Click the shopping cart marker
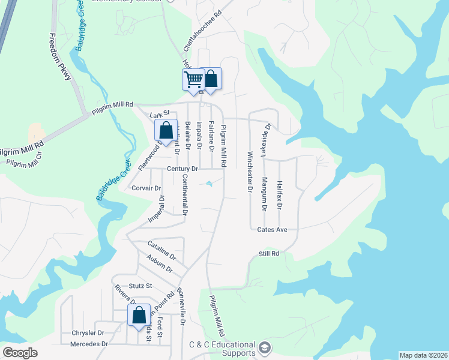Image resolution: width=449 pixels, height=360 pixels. [x=193, y=79]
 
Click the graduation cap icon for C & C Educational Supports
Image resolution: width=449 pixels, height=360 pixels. [x=265, y=347]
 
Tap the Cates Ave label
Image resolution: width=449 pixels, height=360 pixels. [x=273, y=229]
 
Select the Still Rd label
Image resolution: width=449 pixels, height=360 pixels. [x=269, y=254]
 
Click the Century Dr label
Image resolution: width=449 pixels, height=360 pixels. [x=182, y=170]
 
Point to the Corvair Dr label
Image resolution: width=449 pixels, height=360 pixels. [x=146, y=188]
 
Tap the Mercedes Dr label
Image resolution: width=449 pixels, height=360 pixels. [x=89, y=344]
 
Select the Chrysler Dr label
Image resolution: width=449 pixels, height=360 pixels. [x=88, y=332]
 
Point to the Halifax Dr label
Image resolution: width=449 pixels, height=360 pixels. [x=279, y=194]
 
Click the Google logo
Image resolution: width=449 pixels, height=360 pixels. [x=20, y=353]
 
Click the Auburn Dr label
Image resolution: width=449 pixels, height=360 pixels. [x=159, y=263]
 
